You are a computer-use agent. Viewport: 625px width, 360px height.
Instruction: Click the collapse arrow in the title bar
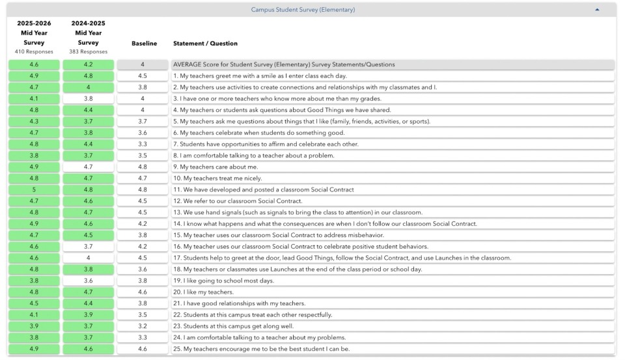(x=597, y=10)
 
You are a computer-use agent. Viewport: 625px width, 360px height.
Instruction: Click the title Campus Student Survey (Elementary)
(x=303, y=10)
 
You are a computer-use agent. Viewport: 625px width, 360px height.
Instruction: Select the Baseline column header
(x=144, y=44)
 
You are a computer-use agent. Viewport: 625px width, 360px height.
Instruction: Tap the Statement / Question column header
(x=205, y=44)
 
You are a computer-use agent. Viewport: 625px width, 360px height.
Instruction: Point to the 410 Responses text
(x=34, y=52)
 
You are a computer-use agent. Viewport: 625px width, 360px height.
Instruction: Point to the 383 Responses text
(x=88, y=52)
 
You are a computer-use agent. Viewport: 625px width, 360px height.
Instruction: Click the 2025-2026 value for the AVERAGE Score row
(x=34, y=64)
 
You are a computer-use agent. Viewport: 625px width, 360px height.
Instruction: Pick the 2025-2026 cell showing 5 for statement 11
(x=34, y=189)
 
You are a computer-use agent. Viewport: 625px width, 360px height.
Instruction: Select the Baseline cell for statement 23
(x=143, y=326)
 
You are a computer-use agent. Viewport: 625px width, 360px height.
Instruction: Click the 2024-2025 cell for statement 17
(x=88, y=258)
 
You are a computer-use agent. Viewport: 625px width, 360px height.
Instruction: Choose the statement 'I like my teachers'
(x=203, y=292)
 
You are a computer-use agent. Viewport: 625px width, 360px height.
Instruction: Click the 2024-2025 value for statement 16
(x=88, y=247)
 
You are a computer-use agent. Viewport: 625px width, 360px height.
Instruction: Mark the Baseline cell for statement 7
(x=143, y=144)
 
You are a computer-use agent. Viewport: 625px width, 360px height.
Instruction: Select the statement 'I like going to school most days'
(x=223, y=281)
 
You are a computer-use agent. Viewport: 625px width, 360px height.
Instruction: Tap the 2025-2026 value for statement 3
(x=34, y=99)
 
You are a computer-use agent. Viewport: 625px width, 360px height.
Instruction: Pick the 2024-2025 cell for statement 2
(x=88, y=87)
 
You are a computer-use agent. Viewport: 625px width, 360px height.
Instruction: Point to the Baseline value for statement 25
(x=143, y=349)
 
